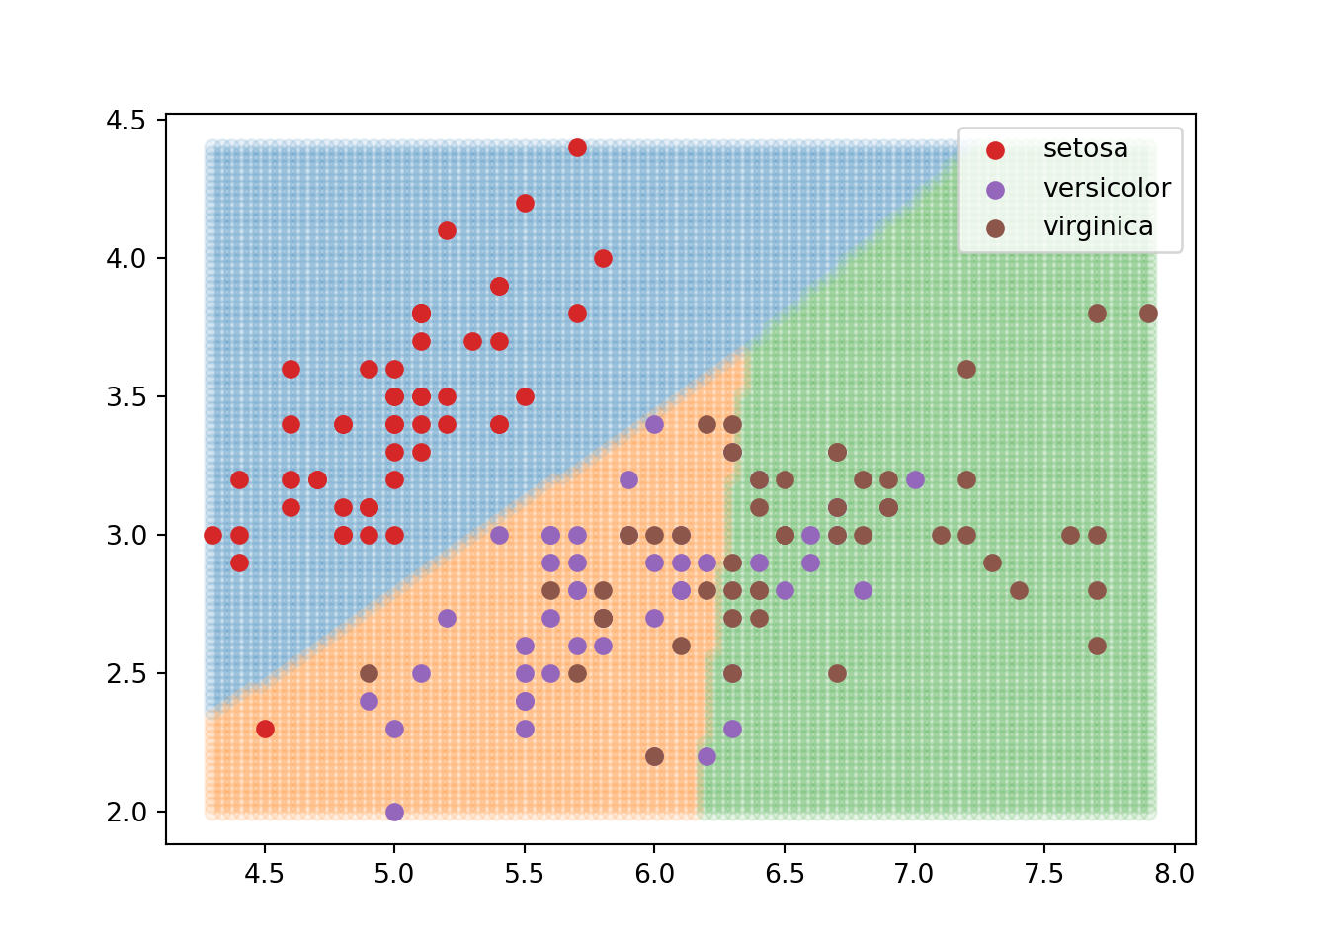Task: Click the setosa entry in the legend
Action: coord(1085,149)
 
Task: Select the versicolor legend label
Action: coord(1107,189)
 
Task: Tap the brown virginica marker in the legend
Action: coord(995,228)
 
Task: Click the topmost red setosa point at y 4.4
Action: coord(577,148)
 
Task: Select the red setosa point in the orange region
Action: coord(265,730)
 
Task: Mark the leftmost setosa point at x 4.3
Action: coord(212,536)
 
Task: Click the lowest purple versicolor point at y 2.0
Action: coord(394,813)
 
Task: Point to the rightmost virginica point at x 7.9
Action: coord(1148,314)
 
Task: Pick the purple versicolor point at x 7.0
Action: coord(915,480)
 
